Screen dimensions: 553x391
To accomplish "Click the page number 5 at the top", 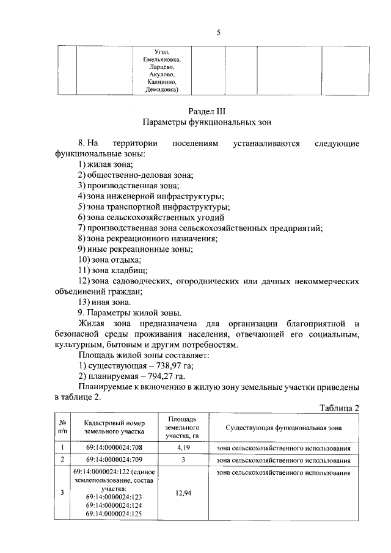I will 218,33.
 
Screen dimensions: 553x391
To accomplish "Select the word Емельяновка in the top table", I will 162,59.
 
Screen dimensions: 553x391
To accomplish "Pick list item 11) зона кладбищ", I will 112,270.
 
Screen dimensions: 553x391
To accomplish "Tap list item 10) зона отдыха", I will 110,260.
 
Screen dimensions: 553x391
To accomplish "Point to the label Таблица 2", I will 340,408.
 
